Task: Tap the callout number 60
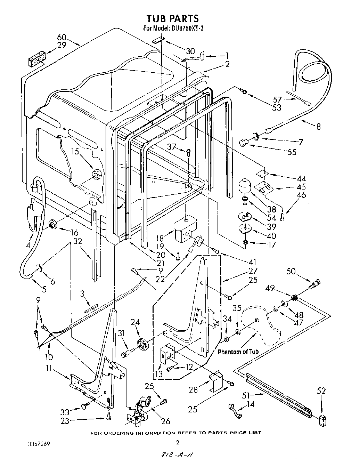coord(62,37)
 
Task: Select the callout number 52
coord(321,391)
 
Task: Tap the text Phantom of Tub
coord(238,352)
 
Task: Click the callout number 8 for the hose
coord(318,127)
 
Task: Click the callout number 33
coord(65,412)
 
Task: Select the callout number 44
coord(301,178)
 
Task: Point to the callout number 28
coord(193,390)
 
